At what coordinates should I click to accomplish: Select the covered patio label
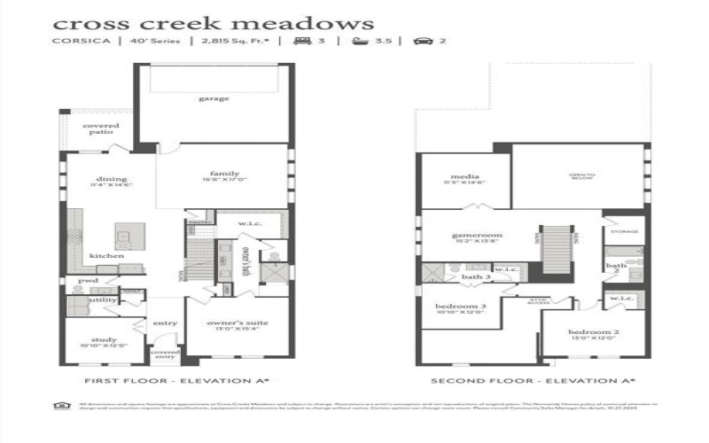click(99, 129)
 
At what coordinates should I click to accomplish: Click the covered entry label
click(165, 354)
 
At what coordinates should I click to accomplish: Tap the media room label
click(464, 176)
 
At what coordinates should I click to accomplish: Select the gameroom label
click(464, 236)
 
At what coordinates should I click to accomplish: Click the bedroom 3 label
click(460, 307)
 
